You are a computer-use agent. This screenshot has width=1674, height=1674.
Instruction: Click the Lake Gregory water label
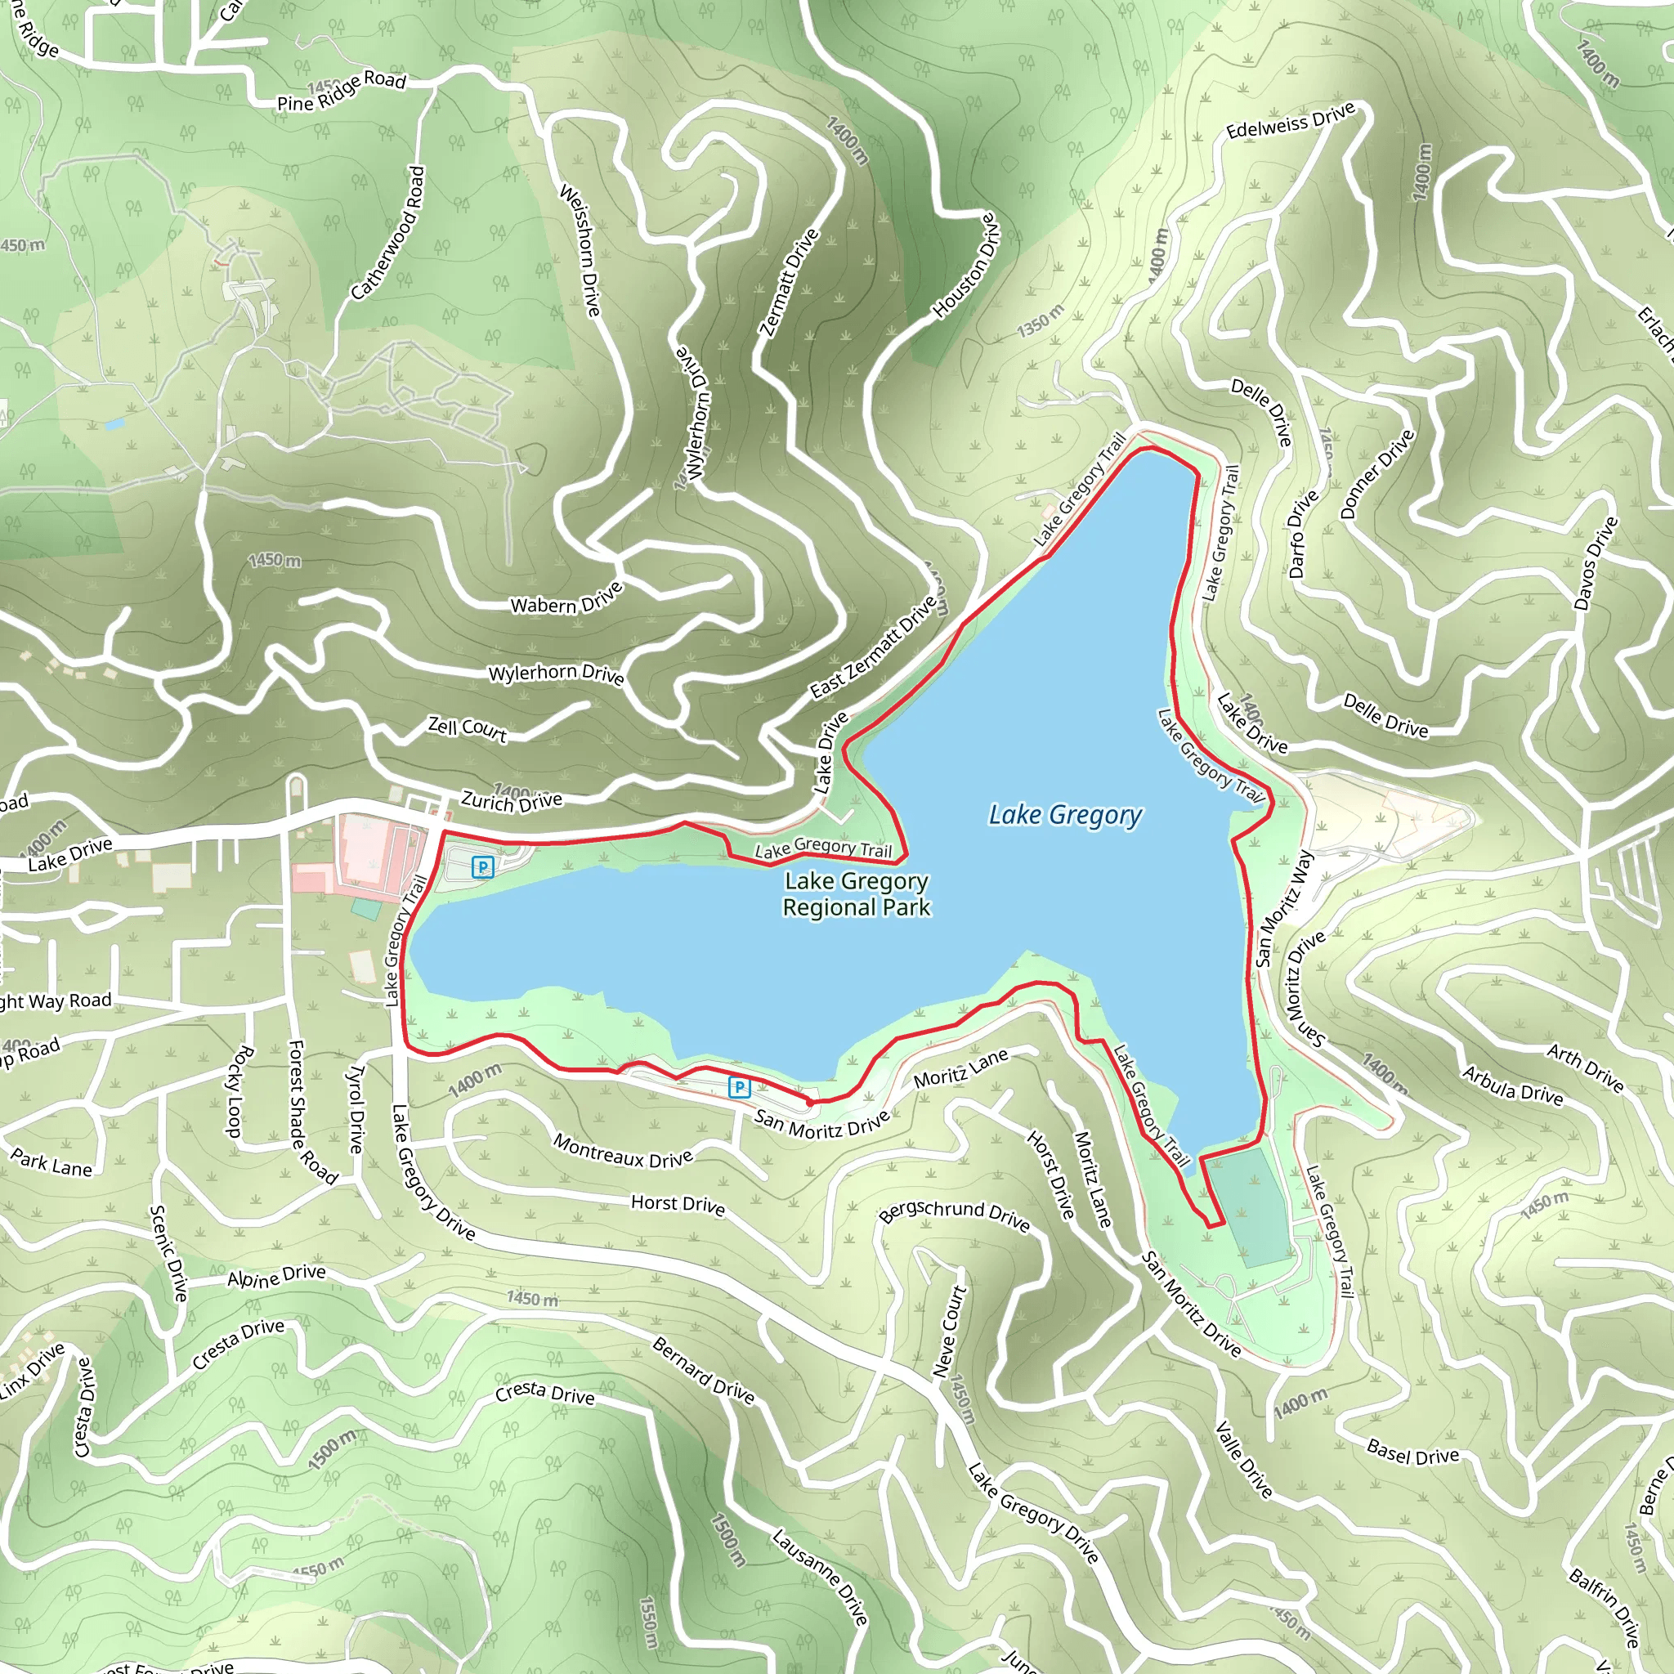1065,814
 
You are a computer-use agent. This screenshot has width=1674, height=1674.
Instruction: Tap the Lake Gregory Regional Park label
856,894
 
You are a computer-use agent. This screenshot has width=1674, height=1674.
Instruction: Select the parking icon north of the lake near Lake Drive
482,866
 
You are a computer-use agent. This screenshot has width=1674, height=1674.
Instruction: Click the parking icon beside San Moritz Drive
739,1087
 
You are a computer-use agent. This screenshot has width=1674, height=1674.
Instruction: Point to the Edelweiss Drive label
1290,121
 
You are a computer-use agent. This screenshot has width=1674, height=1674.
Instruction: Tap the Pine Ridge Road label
342,91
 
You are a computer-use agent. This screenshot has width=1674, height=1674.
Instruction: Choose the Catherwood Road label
388,233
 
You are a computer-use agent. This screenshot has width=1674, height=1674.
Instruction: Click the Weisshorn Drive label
580,250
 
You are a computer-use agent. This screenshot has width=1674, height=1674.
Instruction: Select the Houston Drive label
965,266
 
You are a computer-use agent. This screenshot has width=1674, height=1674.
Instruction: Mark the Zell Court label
467,727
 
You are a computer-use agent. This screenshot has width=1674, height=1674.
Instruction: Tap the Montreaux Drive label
623,1152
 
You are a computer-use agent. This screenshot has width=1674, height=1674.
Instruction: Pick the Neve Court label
949,1331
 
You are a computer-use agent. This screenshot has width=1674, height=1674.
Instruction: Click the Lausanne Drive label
820,1576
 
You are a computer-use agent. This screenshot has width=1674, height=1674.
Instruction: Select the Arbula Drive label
1513,1085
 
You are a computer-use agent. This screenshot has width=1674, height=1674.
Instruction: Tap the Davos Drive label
1596,563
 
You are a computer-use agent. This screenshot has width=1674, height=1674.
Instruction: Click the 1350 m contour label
1040,321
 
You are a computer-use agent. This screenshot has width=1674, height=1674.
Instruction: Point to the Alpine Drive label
276,1276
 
